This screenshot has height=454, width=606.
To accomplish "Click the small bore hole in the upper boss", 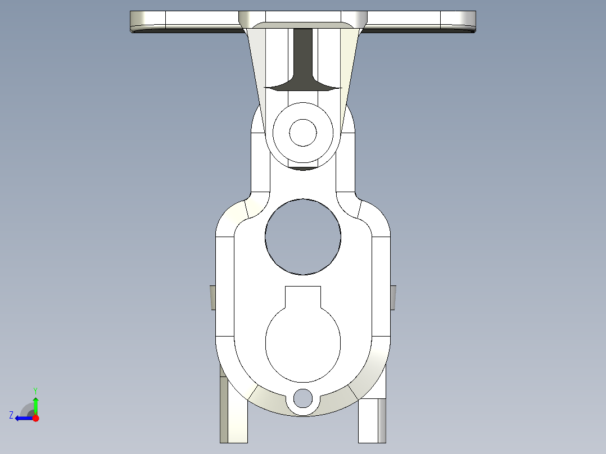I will [303, 133].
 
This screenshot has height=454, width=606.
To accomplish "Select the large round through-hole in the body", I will [303, 237].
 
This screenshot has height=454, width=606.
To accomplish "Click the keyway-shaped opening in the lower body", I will [303, 343].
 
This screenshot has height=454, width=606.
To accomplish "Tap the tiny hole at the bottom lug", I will [303, 398].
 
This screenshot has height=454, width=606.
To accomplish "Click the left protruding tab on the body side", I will [213, 297].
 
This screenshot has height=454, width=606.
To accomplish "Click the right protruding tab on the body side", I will [393, 297].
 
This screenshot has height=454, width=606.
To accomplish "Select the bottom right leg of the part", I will [372, 419].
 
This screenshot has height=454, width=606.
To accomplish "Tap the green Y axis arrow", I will [35, 403].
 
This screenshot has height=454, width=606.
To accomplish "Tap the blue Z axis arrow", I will [22, 417].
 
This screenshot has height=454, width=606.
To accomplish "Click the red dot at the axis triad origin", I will [35, 418].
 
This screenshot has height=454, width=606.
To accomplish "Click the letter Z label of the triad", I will [11, 415].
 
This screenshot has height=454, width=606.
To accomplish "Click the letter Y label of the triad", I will [35, 389].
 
